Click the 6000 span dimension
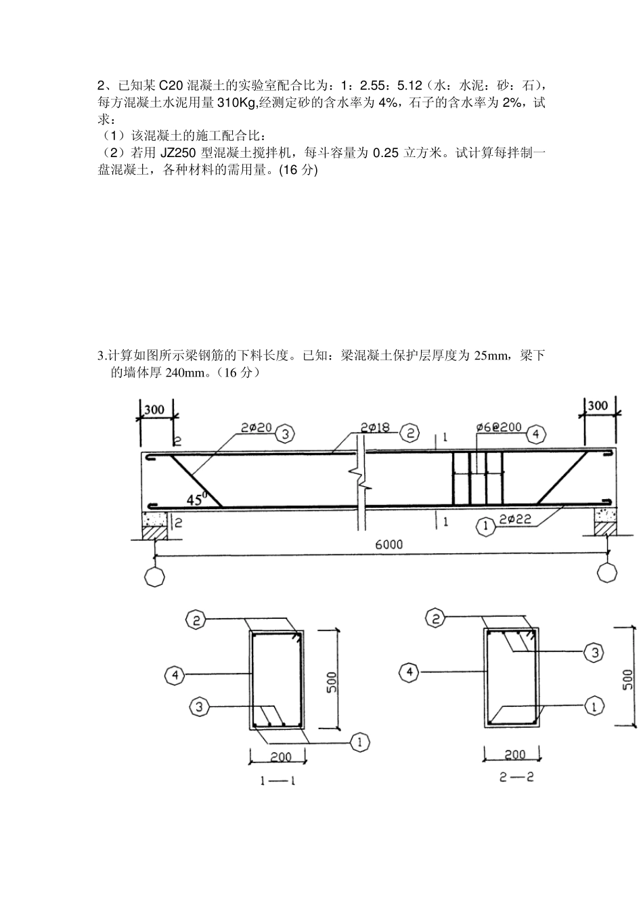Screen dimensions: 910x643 (x=388, y=544)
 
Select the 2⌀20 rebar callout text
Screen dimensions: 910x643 (x=256, y=427)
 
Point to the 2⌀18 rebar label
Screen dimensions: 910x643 (x=374, y=427)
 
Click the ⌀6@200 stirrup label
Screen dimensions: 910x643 (x=498, y=427)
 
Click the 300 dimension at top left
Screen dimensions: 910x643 (x=155, y=410)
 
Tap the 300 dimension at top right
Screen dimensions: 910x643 (x=597, y=406)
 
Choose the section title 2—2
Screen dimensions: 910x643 (x=516, y=777)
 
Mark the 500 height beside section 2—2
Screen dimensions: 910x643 (x=627, y=677)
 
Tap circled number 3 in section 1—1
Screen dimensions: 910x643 (x=198, y=707)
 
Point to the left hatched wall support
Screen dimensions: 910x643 (x=154, y=530)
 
